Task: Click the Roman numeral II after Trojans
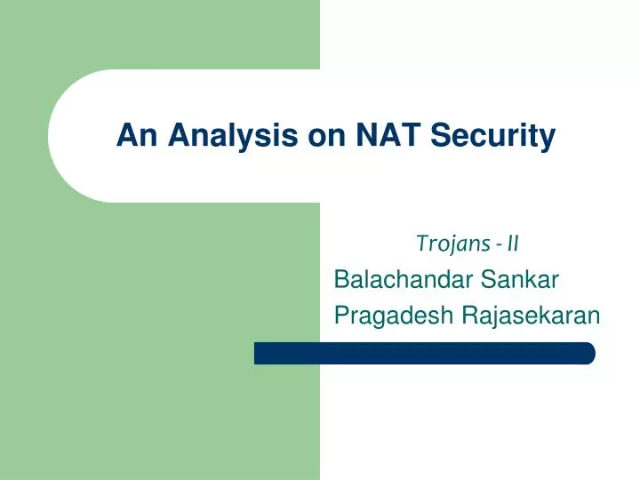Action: coord(513,242)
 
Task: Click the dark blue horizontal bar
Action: coord(424,353)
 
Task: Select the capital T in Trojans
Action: coord(420,241)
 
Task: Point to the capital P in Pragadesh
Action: coord(340,316)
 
